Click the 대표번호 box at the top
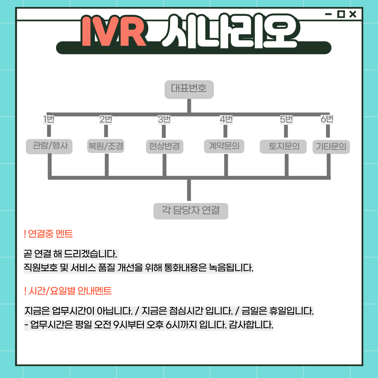pos(189,89)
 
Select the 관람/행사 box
pos(49,146)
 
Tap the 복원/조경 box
pos(106,146)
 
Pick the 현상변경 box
pos(163,146)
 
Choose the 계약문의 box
pos(224,146)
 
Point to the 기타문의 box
pos(331,147)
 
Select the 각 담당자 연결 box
pos(191,211)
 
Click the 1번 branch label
pos(49,119)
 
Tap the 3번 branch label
pos(164,119)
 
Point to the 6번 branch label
pos(327,119)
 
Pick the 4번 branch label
pos(226,119)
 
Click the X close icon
pos(353,14)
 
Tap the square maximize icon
pos(341,14)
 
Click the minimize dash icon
pos(328,14)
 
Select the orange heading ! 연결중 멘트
pos(48,234)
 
